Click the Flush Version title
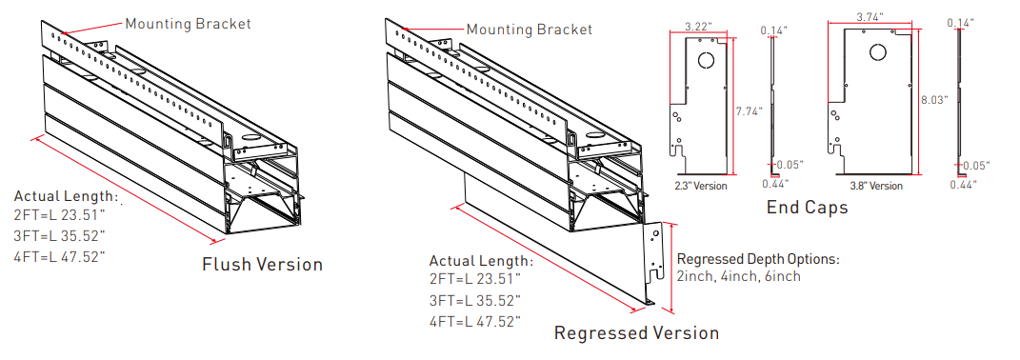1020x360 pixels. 262,265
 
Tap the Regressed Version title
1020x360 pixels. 636,332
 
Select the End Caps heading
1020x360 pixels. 807,208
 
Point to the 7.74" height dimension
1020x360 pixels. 750,111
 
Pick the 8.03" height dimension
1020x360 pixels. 935,100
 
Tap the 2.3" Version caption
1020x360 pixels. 701,186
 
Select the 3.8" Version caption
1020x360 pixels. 876,186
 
